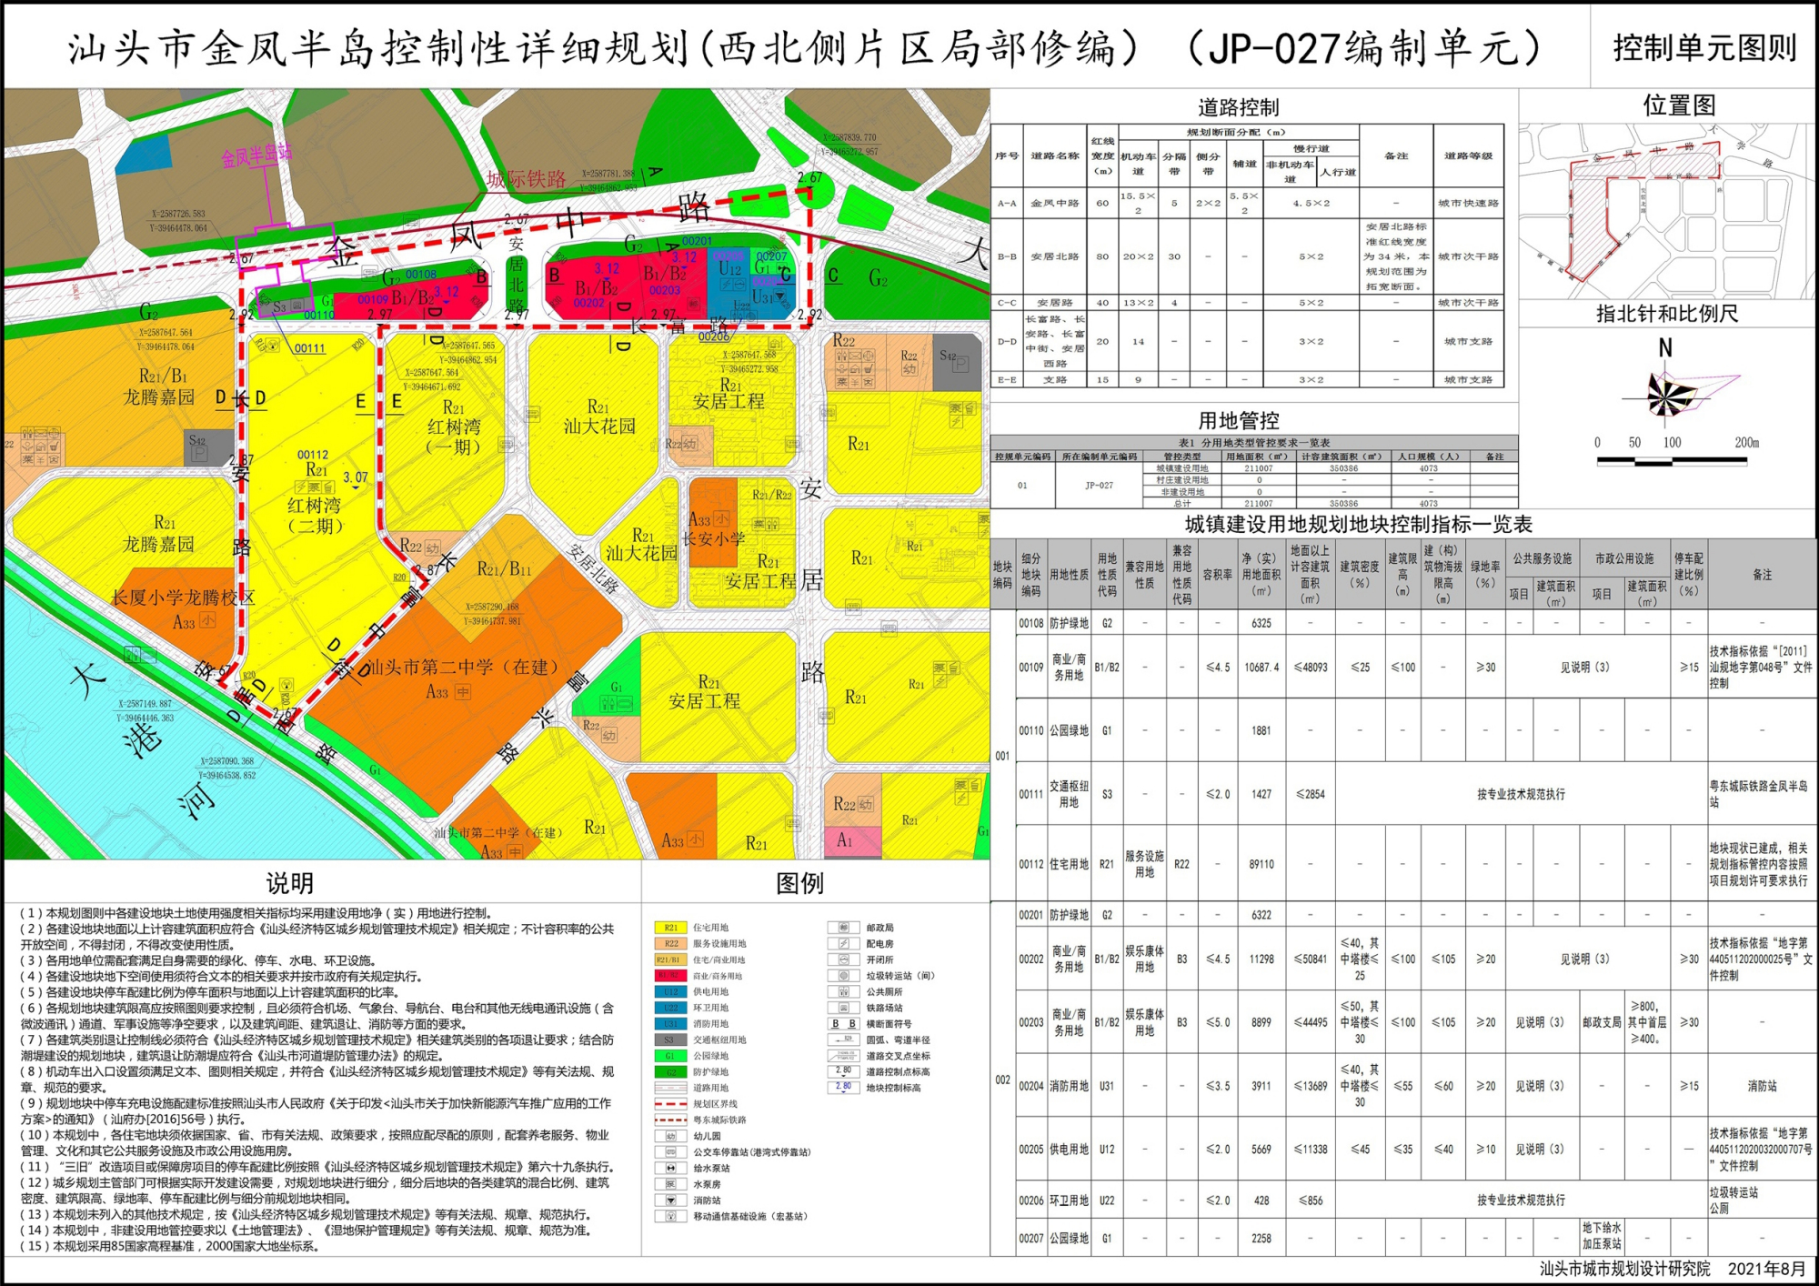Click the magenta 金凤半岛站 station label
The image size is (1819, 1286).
[x=257, y=155]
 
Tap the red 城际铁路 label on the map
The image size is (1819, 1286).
[x=527, y=179]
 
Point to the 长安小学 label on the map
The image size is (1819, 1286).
[x=713, y=538]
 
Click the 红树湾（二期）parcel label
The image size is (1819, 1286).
[x=315, y=515]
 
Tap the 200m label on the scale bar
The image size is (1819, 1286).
[x=1746, y=443]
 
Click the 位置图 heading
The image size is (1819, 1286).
[x=1679, y=105]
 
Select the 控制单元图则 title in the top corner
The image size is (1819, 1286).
[x=1704, y=48]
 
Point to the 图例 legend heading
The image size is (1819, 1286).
[x=799, y=883]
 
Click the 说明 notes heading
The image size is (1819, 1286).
[x=290, y=883]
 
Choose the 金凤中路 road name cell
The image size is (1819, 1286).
[x=1054, y=204]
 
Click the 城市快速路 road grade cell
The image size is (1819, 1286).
[x=1468, y=204]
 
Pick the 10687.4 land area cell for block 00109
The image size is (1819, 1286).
[x=1261, y=668]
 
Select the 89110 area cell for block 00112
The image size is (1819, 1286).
[x=1261, y=864]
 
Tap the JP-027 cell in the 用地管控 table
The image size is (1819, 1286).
[x=1098, y=486]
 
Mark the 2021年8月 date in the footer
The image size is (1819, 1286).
[x=1766, y=1269]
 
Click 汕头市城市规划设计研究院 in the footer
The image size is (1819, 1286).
[x=1624, y=1269]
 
